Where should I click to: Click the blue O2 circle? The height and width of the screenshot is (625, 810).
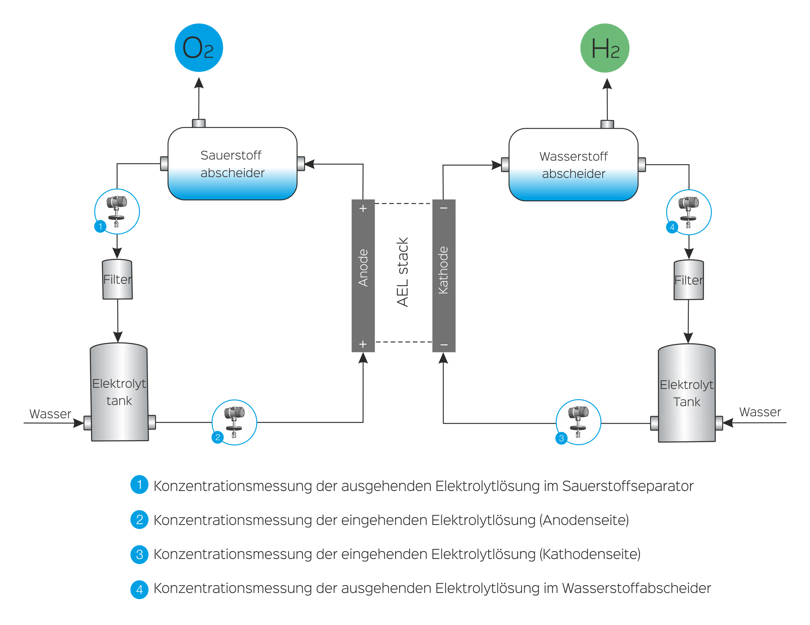click(x=199, y=48)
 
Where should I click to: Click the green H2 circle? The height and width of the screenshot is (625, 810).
click(x=604, y=48)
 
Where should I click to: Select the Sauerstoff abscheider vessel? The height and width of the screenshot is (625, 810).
click(x=232, y=164)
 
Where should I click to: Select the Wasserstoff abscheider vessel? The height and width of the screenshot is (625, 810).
click(x=573, y=165)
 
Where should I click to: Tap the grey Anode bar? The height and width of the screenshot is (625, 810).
click(x=363, y=276)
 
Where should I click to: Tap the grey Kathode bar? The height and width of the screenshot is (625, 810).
click(x=444, y=276)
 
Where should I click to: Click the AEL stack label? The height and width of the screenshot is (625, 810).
click(x=403, y=272)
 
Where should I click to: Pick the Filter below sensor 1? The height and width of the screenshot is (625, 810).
click(x=117, y=279)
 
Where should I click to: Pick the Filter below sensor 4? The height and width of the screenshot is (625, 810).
click(x=688, y=280)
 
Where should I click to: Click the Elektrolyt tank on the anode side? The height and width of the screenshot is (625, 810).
click(x=119, y=392)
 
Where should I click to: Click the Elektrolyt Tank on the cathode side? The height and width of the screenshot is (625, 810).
click(x=686, y=393)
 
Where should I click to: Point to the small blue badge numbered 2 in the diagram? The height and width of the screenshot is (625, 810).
click(x=217, y=437)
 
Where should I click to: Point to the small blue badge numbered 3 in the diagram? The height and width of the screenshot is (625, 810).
click(x=561, y=438)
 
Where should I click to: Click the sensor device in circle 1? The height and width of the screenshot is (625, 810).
click(x=116, y=211)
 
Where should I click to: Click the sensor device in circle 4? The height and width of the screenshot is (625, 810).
click(x=688, y=211)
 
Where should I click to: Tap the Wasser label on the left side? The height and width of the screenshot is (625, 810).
click(x=50, y=414)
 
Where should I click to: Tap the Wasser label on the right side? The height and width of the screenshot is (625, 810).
click(x=760, y=412)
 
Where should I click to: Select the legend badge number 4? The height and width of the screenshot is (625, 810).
click(x=139, y=589)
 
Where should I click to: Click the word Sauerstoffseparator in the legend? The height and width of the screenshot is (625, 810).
click(x=627, y=486)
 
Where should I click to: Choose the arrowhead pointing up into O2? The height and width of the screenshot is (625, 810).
click(x=199, y=83)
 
